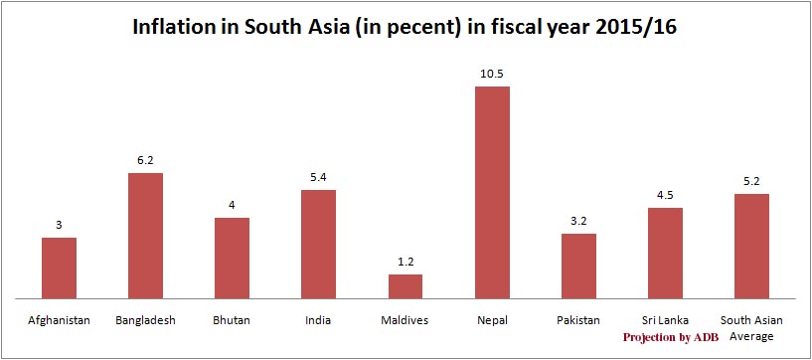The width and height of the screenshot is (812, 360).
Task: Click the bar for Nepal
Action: pos(492,192)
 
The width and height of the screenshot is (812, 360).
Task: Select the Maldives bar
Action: pos(406,286)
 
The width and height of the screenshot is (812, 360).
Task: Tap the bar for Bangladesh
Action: pos(145,236)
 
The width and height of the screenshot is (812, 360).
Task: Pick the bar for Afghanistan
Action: pos(59,268)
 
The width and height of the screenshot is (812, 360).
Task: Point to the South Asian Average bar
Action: pos(751,246)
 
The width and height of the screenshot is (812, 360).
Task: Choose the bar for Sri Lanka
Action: pos(665,253)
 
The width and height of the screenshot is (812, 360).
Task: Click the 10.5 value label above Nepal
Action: pos(492,74)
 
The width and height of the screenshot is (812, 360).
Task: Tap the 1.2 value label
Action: pos(406,262)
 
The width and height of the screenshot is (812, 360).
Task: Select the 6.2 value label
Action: pos(145,160)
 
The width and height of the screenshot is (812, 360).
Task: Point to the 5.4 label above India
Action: pos(319,177)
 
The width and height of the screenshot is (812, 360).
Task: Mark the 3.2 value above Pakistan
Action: pos(578,221)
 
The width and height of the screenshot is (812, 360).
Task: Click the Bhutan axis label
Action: pos(232,320)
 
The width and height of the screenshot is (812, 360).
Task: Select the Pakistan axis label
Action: pos(578,320)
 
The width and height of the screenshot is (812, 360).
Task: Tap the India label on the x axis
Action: pos(319,320)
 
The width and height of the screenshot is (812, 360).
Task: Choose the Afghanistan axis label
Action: pos(59,320)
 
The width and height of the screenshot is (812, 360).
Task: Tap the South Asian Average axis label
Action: pos(751,327)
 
